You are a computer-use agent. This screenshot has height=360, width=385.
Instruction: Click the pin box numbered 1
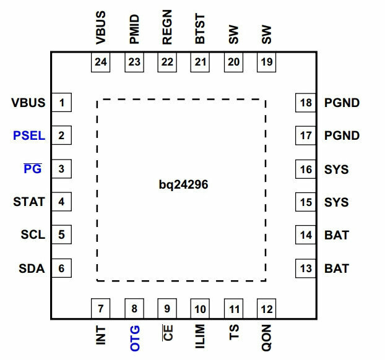[62, 102]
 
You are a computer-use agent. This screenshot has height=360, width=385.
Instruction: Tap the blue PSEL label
[29, 135]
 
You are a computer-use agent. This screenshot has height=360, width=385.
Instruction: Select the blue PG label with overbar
[33, 169]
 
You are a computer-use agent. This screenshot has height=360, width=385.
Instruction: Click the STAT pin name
[29, 202]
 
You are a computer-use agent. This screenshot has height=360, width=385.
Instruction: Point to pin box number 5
[62, 234]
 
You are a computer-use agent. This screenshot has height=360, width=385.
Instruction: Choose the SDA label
[32, 268]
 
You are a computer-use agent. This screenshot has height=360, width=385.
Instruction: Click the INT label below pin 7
[101, 335]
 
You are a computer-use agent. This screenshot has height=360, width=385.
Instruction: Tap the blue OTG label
[134, 338]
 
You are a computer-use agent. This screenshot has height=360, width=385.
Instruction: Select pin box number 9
[167, 309]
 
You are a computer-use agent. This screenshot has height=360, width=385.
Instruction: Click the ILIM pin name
[200, 336]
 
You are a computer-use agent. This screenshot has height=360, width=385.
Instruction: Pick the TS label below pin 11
[234, 332]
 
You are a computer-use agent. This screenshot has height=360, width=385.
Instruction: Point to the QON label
[267, 338]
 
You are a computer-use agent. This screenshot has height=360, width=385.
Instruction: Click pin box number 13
[305, 268]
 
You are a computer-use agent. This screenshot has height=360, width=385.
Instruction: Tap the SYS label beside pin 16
[336, 169]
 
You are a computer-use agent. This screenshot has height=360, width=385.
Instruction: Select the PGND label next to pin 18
[342, 103]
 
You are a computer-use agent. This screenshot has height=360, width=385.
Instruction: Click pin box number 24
[100, 62]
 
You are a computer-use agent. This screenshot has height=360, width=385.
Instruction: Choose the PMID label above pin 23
[134, 29]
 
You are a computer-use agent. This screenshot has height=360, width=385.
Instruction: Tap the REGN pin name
[167, 27]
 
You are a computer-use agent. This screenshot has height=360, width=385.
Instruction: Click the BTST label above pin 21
[200, 28]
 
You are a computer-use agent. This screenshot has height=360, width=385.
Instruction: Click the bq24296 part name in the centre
[183, 185]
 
